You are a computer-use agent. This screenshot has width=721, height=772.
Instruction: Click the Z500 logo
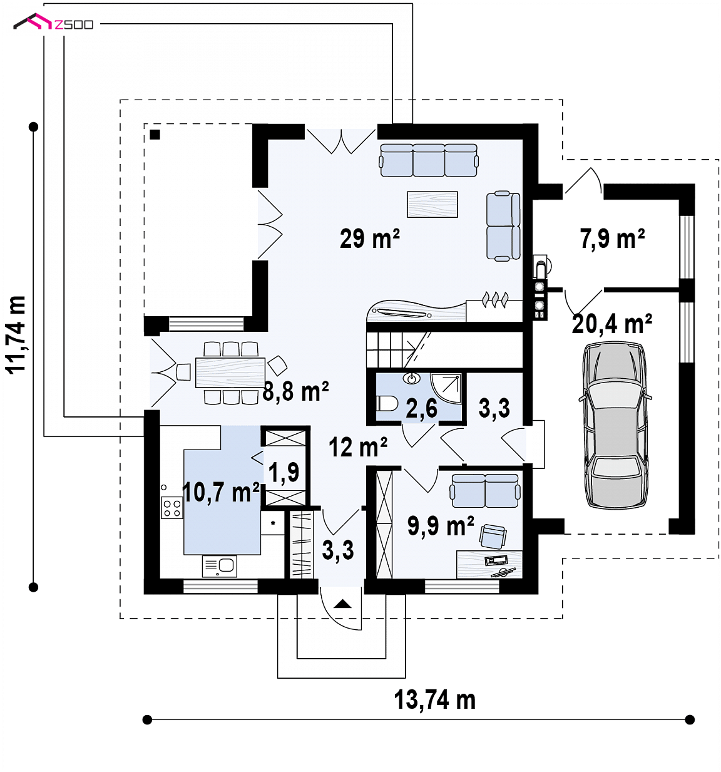click(53, 23)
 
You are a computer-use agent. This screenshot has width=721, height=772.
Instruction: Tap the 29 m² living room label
click(369, 239)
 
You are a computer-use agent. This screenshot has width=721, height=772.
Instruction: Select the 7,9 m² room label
click(612, 239)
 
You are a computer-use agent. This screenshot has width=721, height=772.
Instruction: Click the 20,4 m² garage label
click(611, 324)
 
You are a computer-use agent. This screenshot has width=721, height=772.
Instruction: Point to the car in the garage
click(615, 425)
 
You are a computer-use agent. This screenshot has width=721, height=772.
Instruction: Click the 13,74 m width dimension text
click(434, 700)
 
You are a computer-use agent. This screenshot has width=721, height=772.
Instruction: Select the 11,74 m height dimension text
click(16, 335)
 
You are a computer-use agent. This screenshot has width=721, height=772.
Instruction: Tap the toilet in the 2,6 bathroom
click(386, 403)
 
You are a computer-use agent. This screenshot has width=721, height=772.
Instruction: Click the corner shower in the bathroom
click(446, 388)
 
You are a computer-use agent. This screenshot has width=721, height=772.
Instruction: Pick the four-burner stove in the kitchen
click(171, 507)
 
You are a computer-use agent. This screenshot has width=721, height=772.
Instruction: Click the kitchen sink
click(219, 566)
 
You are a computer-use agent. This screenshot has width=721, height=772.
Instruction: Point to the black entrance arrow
click(342, 604)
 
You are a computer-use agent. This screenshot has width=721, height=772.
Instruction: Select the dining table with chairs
click(230, 373)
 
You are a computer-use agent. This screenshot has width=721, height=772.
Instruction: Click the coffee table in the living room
click(432, 204)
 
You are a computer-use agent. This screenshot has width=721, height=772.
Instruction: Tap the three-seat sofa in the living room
click(429, 160)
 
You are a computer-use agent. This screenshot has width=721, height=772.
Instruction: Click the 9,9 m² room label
click(441, 526)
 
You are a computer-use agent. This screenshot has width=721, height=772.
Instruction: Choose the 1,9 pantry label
click(284, 472)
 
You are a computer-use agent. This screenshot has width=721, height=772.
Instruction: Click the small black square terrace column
click(155, 135)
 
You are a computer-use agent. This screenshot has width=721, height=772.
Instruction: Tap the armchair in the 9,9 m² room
click(493, 536)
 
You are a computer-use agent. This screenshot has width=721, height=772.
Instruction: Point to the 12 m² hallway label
click(357, 447)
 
